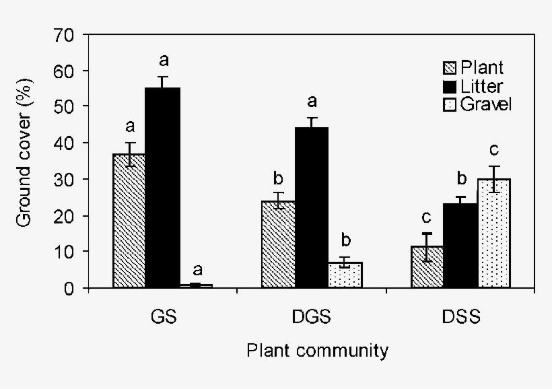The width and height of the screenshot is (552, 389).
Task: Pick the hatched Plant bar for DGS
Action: (x=278, y=244)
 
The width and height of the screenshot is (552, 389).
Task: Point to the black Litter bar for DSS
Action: (x=461, y=246)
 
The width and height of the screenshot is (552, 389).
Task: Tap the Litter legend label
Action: (x=481, y=85)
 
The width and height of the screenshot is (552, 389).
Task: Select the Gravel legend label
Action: (x=486, y=104)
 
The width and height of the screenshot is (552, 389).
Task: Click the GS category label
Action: (x=164, y=316)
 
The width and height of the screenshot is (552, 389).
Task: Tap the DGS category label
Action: (x=312, y=316)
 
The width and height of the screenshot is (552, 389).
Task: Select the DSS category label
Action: (x=461, y=316)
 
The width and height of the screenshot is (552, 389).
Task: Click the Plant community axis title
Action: (x=316, y=351)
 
